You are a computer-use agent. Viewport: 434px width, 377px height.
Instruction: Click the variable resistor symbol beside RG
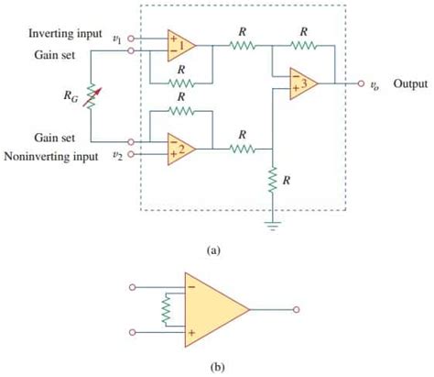click(x=91, y=96)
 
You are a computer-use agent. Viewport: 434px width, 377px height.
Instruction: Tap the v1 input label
click(x=116, y=38)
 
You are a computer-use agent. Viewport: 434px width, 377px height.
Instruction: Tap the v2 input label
click(x=116, y=154)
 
